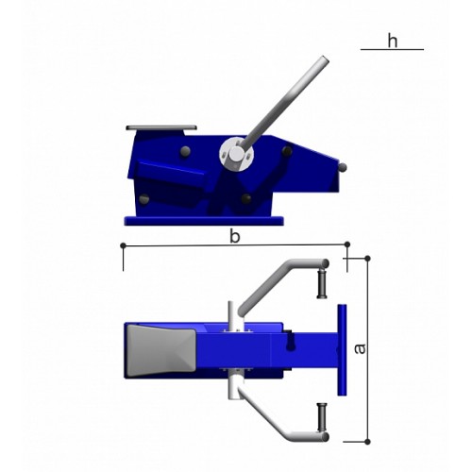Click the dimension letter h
click(x=393, y=42)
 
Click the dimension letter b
click(x=235, y=237)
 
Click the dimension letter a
click(x=360, y=348)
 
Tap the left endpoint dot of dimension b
click(x=124, y=245)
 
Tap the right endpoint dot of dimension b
click(x=347, y=244)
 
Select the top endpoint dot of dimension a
click(x=367, y=259)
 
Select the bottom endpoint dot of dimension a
click(x=367, y=442)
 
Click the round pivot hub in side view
click(x=236, y=154)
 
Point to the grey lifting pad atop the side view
click(x=161, y=127)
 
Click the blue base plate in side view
click(x=204, y=221)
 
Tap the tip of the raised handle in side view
click(x=325, y=59)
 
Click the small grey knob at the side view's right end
click(x=343, y=167)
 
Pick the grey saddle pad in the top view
click(x=161, y=350)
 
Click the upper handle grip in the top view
click(x=322, y=283)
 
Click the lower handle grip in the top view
click(x=322, y=418)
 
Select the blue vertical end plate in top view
click(x=342, y=350)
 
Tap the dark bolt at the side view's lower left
click(x=144, y=199)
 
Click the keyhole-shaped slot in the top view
click(x=290, y=344)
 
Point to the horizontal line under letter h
click(x=392, y=49)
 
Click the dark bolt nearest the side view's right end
click(x=287, y=151)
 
